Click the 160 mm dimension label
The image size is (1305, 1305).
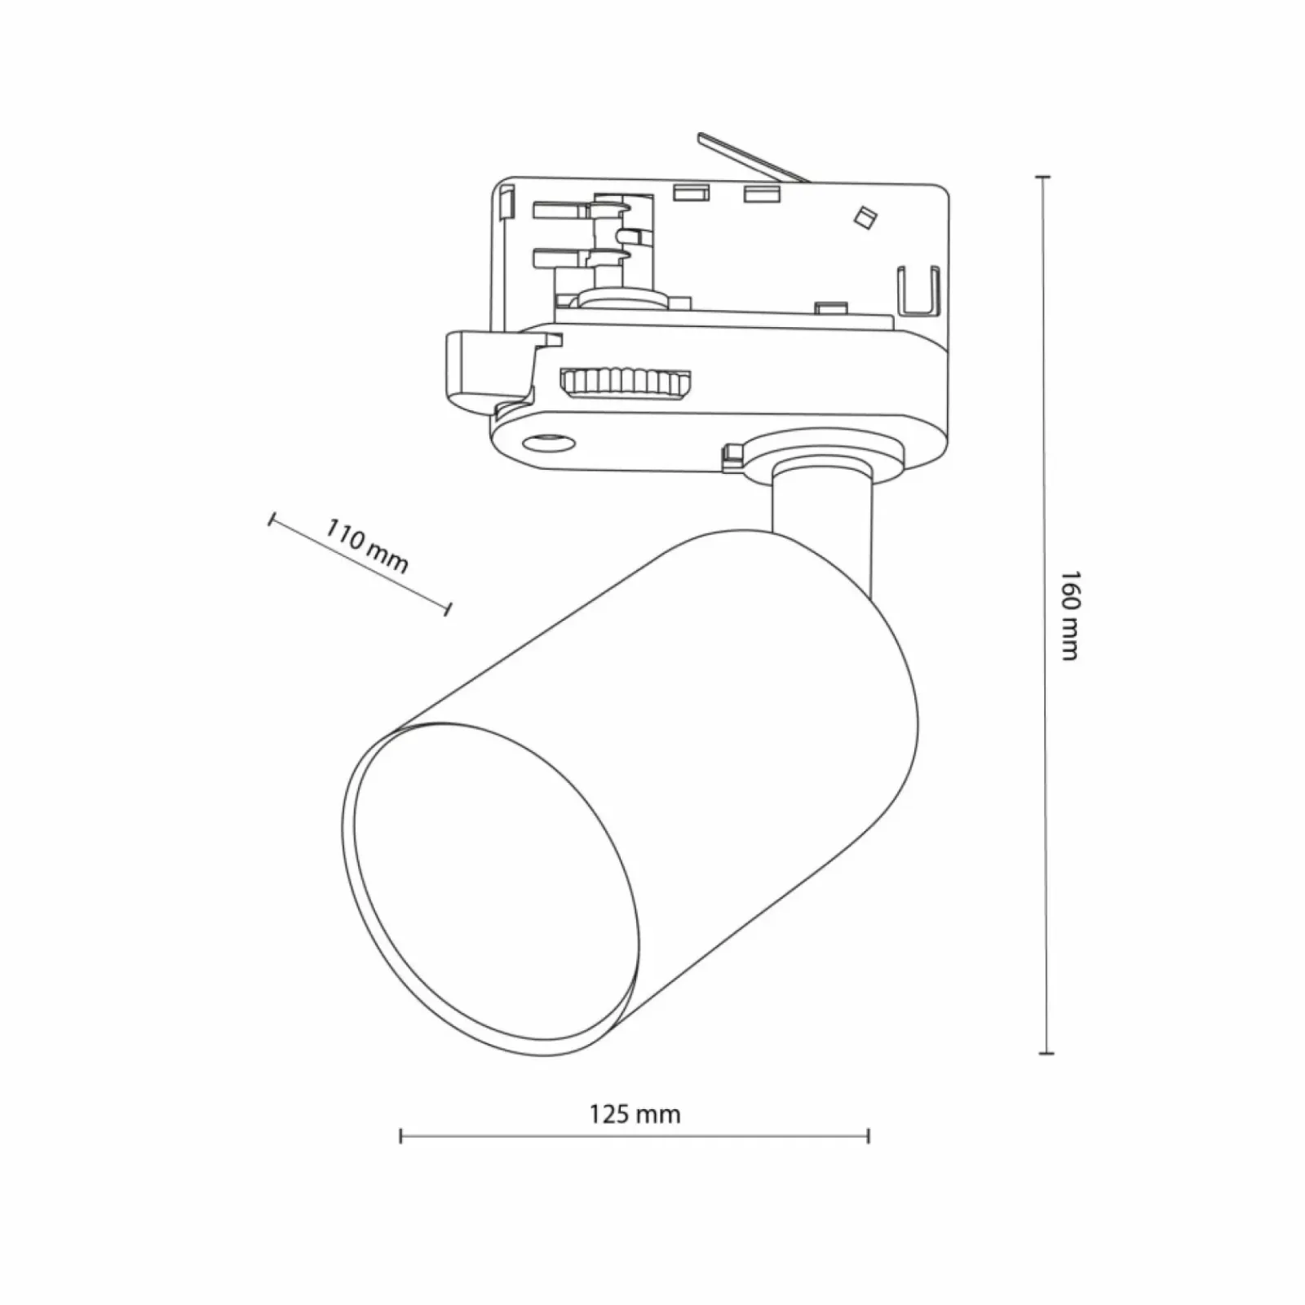click(x=1069, y=614)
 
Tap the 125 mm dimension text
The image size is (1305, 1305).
click(x=635, y=1114)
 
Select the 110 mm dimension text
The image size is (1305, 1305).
click(x=367, y=546)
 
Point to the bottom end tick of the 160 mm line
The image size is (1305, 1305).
click(x=1044, y=1053)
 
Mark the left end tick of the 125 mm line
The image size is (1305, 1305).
click(x=400, y=1135)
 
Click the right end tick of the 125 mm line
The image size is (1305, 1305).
click(x=869, y=1135)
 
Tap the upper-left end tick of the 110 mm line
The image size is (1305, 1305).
click(x=272, y=520)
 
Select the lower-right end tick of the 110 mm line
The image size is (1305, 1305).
click(x=447, y=608)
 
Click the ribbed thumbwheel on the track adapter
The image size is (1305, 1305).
click(x=626, y=383)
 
